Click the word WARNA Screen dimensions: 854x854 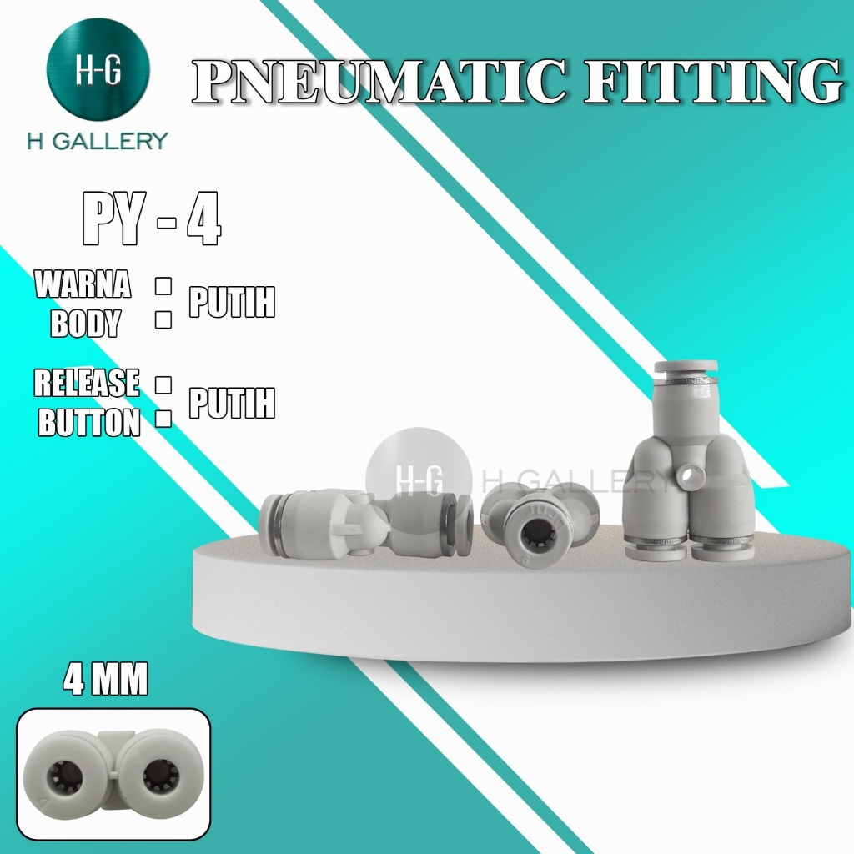[83, 285]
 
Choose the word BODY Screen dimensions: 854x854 [85, 324]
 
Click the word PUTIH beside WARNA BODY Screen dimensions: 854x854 [232, 304]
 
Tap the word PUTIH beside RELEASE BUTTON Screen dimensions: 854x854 [232, 404]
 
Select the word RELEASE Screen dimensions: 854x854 [87, 384]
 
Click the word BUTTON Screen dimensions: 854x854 [90, 424]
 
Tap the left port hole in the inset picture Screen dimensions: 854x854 [68, 777]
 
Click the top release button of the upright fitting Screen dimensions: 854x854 [686, 367]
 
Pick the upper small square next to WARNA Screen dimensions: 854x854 [163, 285]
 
